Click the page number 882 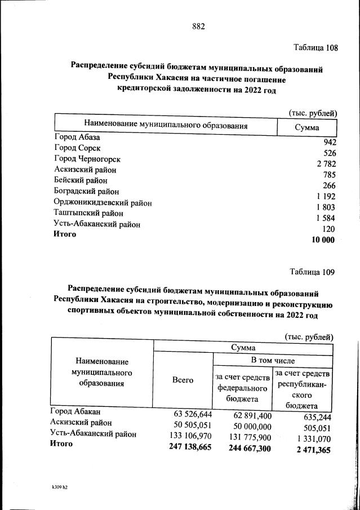tap(198, 26)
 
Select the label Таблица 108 tap(315, 48)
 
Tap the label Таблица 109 tap(312, 272)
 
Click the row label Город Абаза tap(77, 137)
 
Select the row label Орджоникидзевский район tap(103, 202)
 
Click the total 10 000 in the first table tap(323, 240)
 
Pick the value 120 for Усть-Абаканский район tap(328, 229)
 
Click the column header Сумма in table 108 tap(306, 128)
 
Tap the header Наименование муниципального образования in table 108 tap(166, 125)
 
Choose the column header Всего tap(183, 380)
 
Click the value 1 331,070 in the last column tap(310, 438)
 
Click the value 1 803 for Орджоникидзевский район tap(326, 207)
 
